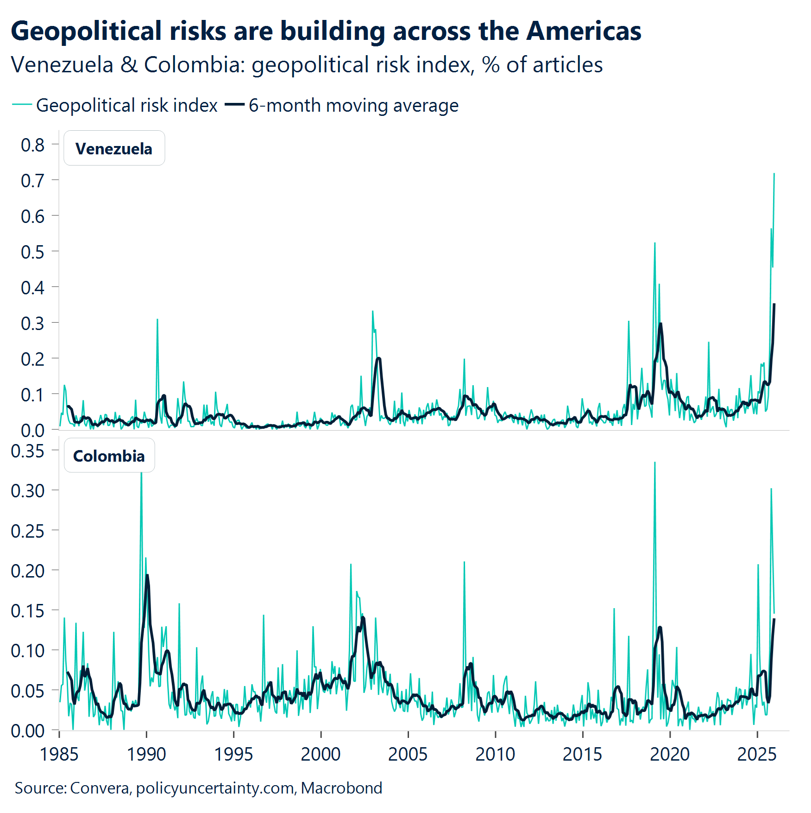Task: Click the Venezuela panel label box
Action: point(114,148)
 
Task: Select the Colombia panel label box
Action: point(109,456)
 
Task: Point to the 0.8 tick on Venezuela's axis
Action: point(32,145)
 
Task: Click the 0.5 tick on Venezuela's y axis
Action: point(32,252)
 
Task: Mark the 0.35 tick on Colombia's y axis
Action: point(28,451)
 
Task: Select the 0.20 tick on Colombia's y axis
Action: point(28,571)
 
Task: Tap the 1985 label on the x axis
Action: point(59,754)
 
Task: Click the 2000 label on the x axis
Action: point(321,754)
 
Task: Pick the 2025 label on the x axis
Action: point(757,754)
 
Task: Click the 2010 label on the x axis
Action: point(495,754)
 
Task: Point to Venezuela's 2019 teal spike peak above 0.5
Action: point(654,244)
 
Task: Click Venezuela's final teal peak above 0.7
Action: point(774,174)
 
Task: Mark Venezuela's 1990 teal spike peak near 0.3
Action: point(157,320)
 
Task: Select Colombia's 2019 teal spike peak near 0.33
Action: point(654,463)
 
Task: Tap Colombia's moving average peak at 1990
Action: point(147,575)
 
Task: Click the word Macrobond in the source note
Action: point(341,788)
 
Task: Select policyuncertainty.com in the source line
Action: point(215,788)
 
